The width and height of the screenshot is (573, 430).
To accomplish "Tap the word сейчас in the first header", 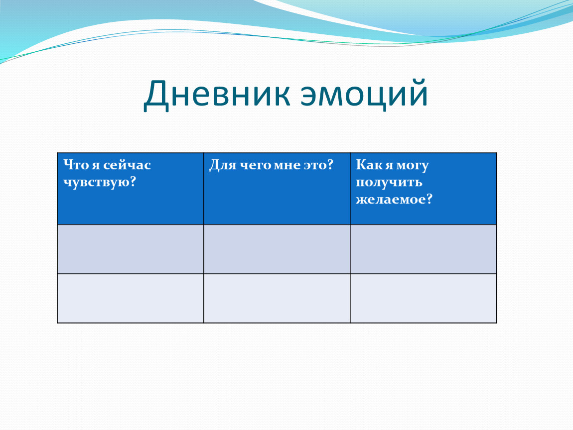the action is (x=127, y=165).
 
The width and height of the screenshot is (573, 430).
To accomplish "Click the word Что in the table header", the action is (x=76, y=165).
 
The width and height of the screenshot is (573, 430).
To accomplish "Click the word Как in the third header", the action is (x=368, y=165).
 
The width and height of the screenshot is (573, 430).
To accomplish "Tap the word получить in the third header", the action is (x=389, y=182).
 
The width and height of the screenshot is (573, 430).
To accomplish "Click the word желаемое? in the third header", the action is (x=394, y=199).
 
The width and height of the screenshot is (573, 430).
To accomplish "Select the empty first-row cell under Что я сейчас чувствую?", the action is (x=131, y=249).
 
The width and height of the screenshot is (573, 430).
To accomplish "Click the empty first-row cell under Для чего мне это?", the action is (x=277, y=249).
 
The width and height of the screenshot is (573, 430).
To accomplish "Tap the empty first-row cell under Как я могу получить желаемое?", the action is (x=424, y=249).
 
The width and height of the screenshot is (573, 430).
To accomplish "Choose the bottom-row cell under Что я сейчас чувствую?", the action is (x=131, y=298).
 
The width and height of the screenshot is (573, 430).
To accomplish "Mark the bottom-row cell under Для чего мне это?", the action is (x=277, y=298).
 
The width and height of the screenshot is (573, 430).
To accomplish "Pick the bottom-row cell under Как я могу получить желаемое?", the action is (x=424, y=298).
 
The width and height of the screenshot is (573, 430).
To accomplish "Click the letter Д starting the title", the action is (x=156, y=95).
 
